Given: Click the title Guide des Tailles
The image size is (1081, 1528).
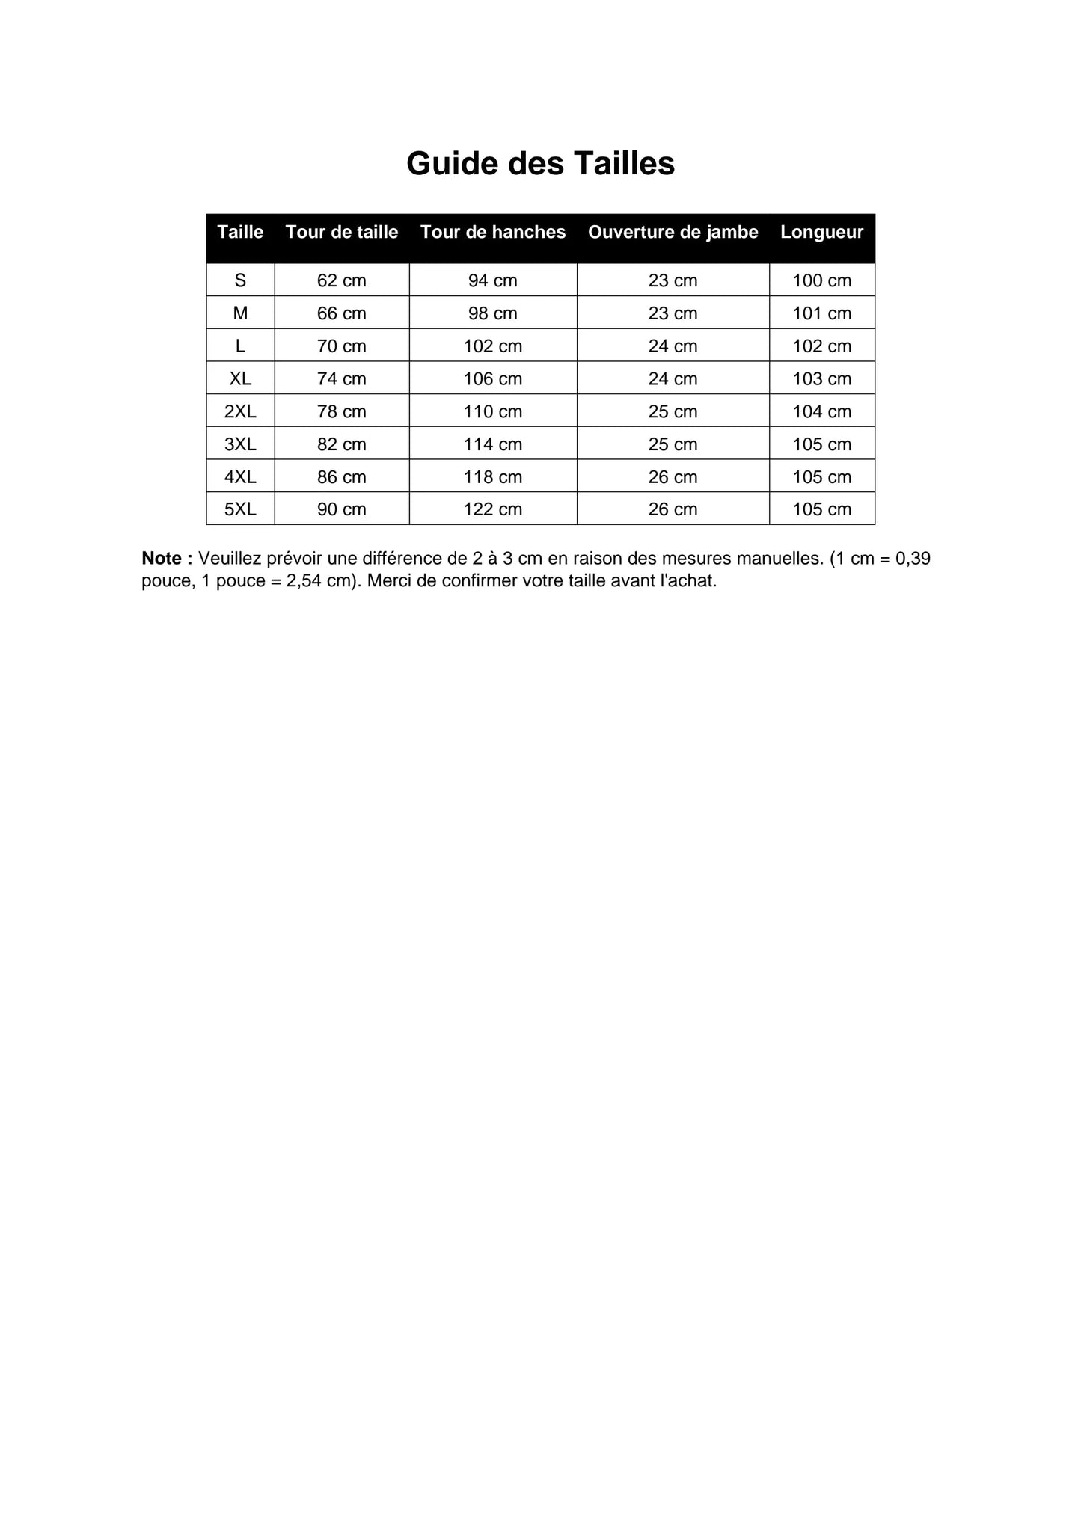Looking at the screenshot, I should coord(540,163).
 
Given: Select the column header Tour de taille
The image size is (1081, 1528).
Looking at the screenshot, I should coord(342,232).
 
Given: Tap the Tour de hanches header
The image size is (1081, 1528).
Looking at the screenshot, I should coord(493,232).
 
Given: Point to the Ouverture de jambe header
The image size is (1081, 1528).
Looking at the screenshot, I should coord(673,232).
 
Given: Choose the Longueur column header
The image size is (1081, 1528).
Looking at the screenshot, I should coord(821,232).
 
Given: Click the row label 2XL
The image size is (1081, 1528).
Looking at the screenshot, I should coord(240,411).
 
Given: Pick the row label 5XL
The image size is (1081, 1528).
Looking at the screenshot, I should coord(240,509).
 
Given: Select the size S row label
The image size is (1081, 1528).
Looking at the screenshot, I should coord(240,280).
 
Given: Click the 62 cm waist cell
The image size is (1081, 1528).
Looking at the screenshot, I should coord(342,280).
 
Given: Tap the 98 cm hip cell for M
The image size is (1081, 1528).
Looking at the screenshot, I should coord(493,313).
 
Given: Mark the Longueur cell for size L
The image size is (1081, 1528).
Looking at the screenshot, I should coord(821,346).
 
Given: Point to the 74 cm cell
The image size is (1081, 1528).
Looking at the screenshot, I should coord(342,378).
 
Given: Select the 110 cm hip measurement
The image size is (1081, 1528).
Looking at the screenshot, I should coord(493,411).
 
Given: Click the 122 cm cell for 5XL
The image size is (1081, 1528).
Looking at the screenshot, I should coord(493,509).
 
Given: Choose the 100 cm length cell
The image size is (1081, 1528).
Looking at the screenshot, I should coord(821,280).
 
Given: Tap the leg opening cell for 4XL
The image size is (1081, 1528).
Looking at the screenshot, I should coord(673,477).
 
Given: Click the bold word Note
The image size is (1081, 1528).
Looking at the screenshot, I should coord(162,559).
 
